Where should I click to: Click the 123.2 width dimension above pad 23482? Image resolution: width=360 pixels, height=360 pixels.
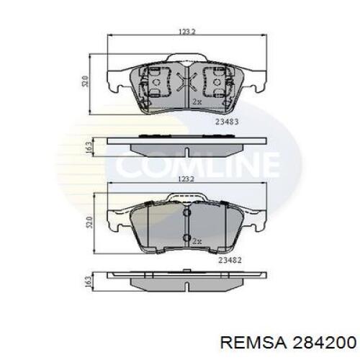tap(186, 178)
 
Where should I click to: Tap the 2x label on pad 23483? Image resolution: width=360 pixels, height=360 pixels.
tap(196, 102)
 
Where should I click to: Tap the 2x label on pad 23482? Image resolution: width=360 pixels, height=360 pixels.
tap(196, 239)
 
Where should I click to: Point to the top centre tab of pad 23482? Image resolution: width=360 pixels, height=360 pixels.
tap(186, 196)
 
